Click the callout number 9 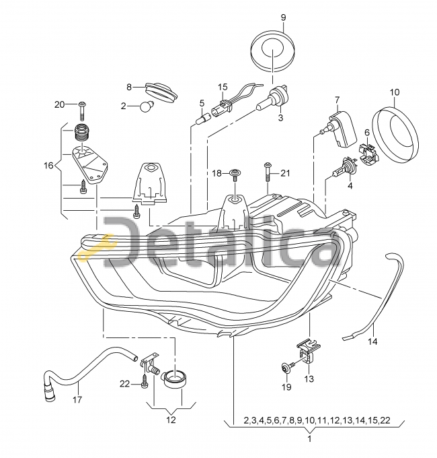[283, 18]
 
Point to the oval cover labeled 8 [161, 92]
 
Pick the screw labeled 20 [83, 111]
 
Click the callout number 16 [48, 166]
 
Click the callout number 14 [373, 341]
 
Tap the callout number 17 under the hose [77, 399]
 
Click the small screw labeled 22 [145, 383]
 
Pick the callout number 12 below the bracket [171, 420]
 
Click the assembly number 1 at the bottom [310, 438]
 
